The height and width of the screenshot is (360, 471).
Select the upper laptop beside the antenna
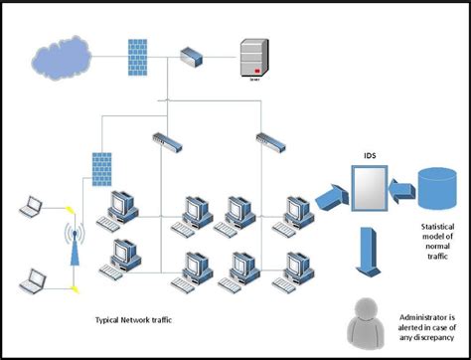pos(33,208)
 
